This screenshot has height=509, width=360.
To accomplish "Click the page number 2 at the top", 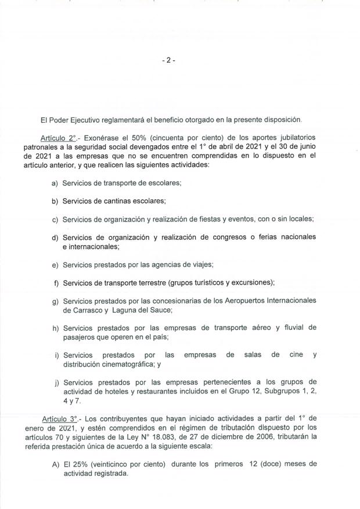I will point(168,60).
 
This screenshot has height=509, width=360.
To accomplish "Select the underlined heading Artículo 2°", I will point(60,138).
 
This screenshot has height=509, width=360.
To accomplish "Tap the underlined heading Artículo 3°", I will point(60,419).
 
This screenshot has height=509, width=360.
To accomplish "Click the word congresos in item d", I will point(226,238).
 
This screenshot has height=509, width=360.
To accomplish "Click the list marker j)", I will point(55,382).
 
